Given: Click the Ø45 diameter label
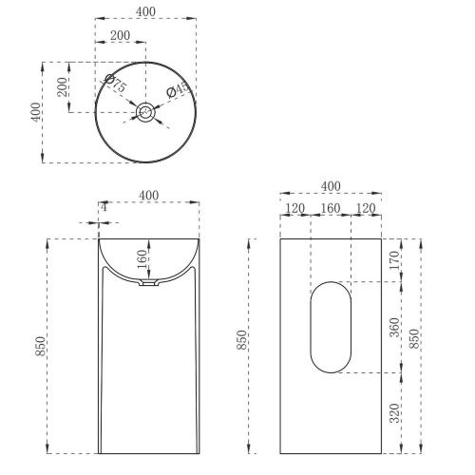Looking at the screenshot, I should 177,91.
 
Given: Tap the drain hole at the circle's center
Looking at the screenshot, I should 145,113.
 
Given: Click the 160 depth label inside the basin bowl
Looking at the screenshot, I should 140,256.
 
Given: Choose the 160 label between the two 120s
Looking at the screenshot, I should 330,207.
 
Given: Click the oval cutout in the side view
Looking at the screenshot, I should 330,326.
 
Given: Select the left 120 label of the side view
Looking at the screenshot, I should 294,207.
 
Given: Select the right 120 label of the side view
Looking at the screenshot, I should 365,207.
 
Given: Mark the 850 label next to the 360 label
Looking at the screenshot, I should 414,337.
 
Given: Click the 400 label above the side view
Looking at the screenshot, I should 330,185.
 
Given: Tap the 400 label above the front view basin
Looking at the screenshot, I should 148,195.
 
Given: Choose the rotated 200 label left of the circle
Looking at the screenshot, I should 62,87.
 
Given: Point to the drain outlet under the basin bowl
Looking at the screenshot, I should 146,283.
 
